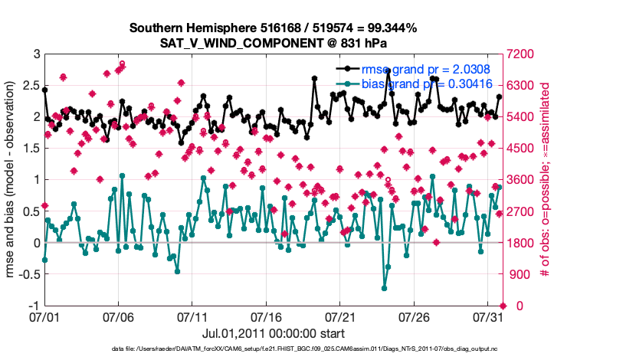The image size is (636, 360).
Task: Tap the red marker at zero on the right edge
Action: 503,306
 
